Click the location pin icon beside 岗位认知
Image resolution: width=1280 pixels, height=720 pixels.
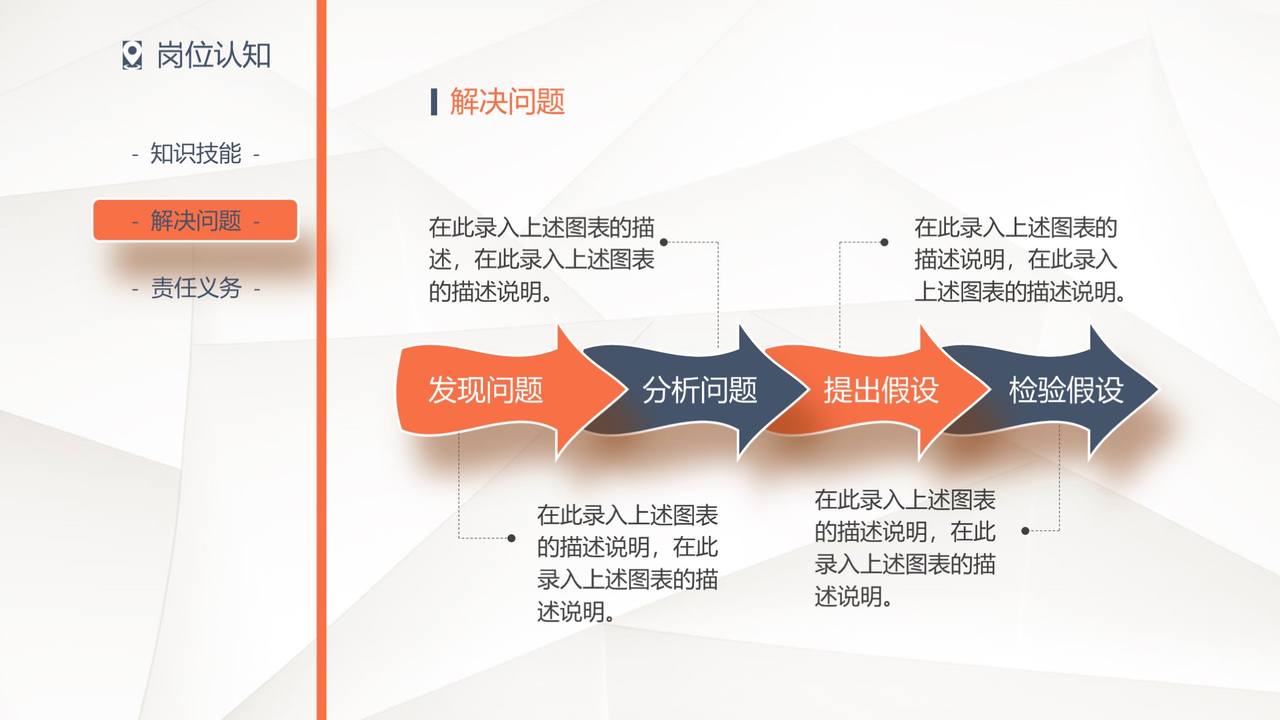[x=132, y=55]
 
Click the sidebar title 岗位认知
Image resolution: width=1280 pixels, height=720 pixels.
[x=213, y=55]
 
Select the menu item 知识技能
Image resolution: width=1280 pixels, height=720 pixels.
[x=196, y=153]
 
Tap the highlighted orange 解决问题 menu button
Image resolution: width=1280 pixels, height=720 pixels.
[x=196, y=220]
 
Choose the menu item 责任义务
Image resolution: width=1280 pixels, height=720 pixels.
[x=196, y=288]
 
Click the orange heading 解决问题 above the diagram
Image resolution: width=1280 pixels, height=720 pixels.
[x=507, y=102]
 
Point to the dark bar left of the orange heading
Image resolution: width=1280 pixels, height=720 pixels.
[x=434, y=102]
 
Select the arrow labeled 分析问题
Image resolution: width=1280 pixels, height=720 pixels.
[x=699, y=390]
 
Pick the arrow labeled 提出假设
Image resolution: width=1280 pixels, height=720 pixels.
[x=880, y=390]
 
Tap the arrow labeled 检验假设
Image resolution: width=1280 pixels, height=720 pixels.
[x=1065, y=390]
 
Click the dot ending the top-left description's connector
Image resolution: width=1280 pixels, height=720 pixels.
[x=663, y=242]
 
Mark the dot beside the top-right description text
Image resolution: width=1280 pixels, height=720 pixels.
[x=884, y=242]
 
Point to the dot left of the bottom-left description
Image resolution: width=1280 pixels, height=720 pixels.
[x=511, y=538]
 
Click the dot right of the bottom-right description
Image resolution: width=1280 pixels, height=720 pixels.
[x=1025, y=531]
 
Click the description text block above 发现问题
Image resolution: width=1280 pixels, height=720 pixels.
[x=542, y=259]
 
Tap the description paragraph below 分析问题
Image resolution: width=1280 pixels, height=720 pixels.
[x=627, y=563]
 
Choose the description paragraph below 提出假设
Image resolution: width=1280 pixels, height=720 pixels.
[x=905, y=548]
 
